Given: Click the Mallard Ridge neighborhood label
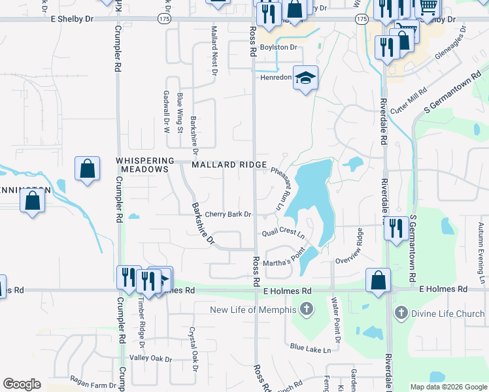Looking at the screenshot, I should click(x=229, y=165).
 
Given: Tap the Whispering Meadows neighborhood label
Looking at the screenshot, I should click(x=145, y=165).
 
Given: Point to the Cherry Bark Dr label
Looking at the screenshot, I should click(x=228, y=214).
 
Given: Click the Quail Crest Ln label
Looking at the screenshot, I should click(x=283, y=232).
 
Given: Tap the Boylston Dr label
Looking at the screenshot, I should click(x=278, y=48).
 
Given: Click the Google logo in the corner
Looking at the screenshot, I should click(x=22, y=384).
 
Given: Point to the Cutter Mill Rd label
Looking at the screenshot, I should click(x=408, y=99).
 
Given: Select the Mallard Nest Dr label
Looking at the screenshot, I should click(x=214, y=51).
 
